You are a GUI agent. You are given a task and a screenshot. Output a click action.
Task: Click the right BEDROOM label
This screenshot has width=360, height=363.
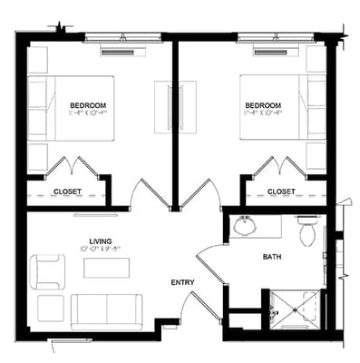click(x=263, y=105)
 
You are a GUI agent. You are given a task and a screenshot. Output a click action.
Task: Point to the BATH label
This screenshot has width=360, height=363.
click(x=273, y=257)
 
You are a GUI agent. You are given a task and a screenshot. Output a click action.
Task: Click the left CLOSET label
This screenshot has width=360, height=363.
click(x=67, y=191)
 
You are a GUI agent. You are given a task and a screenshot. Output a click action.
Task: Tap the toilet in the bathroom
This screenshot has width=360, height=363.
click(x=306, y=232)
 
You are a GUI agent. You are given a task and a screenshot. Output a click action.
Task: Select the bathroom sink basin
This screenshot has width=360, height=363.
click(x=243, y=226)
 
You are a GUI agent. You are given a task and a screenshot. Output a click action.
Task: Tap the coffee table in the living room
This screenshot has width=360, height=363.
click(x=106, y=268)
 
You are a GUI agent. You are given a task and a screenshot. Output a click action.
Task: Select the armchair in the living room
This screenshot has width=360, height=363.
click(x=46, y=271)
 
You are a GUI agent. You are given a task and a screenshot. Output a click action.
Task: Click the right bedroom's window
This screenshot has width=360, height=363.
click(x=271, y=37)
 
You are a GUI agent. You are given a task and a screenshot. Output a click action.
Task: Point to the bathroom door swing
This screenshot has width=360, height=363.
click(x=210, y=263)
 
